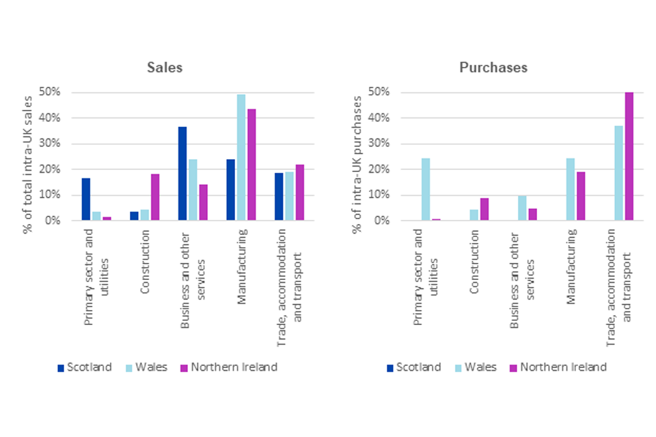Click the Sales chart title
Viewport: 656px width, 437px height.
pyautogui.click(x=165, y=68)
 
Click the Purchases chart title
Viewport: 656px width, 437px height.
pyautogui.click(x=493, y=68)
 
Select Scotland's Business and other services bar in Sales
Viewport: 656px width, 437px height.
pyautogui.click(x=182, y=173)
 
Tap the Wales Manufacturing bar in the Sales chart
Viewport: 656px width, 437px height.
pyautogui.click(x=241, y=158)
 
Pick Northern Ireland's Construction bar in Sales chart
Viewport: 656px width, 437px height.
pyautogui.click(x=154, y=197)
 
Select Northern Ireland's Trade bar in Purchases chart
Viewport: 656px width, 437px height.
pyautogui.click(x=629, y=156)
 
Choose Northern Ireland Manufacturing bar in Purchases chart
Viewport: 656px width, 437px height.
pyautogui.click(x=581, y=196)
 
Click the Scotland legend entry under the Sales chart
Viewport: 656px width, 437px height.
pyautogui.click(x=85, y=367)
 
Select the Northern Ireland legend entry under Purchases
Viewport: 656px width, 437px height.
pyautogui.click(x=557, y=367)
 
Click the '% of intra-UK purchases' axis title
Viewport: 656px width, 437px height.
pyautogui.click(x=357, y=164)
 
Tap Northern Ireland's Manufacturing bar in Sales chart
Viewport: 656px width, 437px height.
pyautogui.click(x=251, y=165)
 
